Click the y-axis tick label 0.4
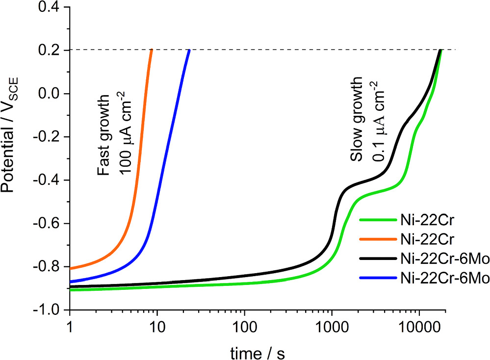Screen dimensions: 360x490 click(x=53, y=7)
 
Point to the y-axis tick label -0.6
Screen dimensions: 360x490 click(x=51, y=224)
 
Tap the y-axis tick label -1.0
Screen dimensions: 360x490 click(x=51, y=310)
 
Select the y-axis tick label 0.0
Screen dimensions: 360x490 click(x=53, y=94)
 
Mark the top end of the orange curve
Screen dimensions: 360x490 click(x=151, y=51)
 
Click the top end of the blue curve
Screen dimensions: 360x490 click(x=189, y=51)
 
